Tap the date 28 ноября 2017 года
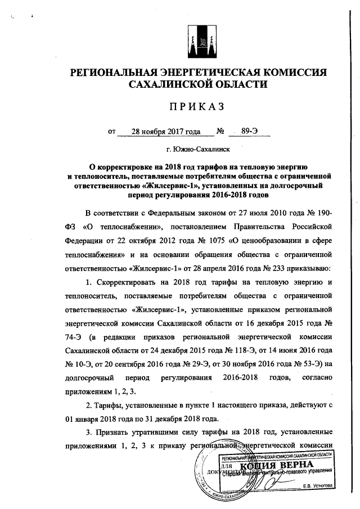(165, 132)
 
